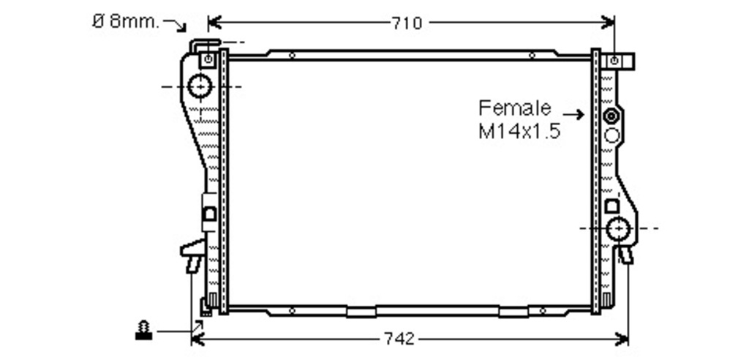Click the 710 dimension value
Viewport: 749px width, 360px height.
(x=407, y=23)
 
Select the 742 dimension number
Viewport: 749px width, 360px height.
(x=400, y=339)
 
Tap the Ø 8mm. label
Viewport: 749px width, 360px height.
(x=125, y=21)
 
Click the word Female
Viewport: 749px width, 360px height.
(x=515, y=108)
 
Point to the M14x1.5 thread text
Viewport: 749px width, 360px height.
(x=519, y=130)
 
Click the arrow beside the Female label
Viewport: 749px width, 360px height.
(x=573, y=114)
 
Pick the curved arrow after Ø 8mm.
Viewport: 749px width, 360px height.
(x=175, y=25)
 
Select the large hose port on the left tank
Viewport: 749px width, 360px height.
(x=200, y=86)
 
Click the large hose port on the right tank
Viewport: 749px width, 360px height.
(x=619, y=228)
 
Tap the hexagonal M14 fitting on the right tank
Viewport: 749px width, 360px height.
(x=611, y=116)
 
